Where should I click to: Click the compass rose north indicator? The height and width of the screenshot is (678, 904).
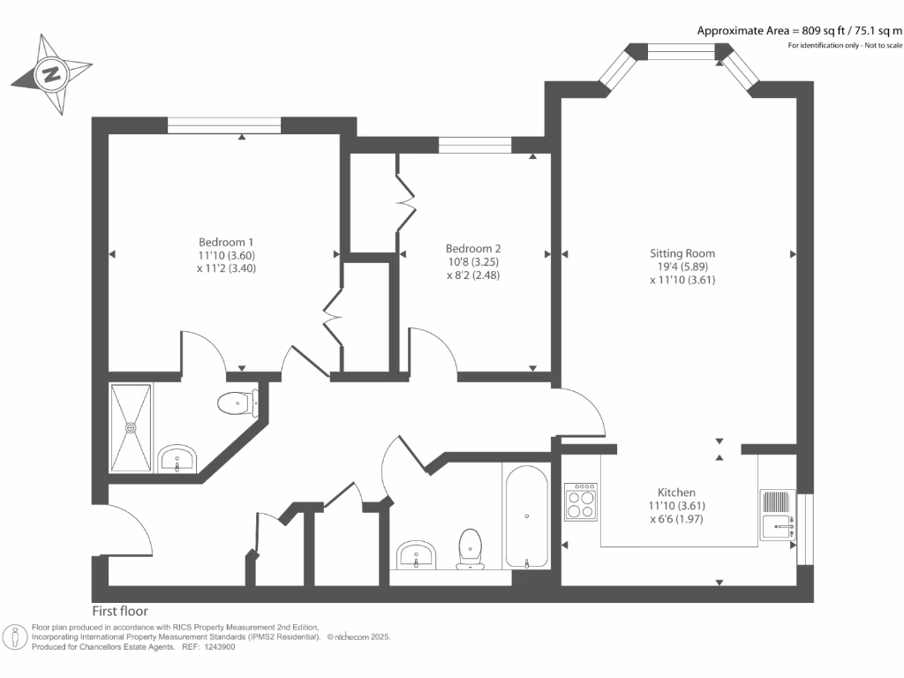coord(51,74)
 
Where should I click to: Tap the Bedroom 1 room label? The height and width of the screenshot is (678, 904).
coord(226,242)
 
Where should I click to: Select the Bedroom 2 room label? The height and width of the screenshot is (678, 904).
coord(473,248)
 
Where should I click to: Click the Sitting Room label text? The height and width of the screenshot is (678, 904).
coord(682,253)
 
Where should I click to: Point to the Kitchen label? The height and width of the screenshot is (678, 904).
coord(676,493)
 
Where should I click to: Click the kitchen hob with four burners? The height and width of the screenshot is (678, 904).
coord(581,502)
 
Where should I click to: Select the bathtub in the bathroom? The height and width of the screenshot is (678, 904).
coord(526,516)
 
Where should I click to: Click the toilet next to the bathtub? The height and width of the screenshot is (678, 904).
coord(471,547)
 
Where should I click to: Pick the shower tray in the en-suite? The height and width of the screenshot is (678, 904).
coord(131,427)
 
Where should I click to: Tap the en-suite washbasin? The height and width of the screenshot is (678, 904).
coord(178,459)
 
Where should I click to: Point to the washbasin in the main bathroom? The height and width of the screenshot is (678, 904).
coord(416,554)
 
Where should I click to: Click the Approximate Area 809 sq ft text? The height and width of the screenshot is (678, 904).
coord(800,31)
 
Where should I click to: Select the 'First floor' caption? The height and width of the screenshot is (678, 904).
coord(120,611)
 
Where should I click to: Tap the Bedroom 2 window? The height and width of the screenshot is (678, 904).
coord(475,146)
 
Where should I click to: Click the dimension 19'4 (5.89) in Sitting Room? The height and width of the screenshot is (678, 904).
coord(682,267)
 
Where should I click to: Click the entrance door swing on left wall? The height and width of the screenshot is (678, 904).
coord(128,530)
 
